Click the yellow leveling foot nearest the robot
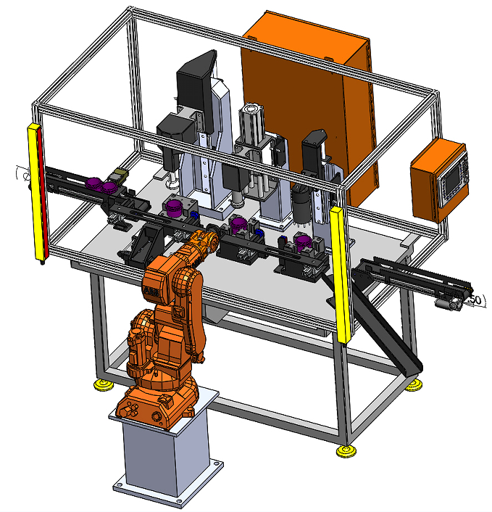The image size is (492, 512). [x=100, y=385]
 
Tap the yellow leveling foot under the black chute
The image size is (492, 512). [x=414, y=384]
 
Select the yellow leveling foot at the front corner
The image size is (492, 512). [x=347, y=451]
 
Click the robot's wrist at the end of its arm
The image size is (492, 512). [x=211, y=237]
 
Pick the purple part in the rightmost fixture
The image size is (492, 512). [x=304, y=241]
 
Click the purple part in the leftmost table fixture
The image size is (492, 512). [x=175, y=210]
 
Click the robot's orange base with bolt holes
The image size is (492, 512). [x=156, y=403]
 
